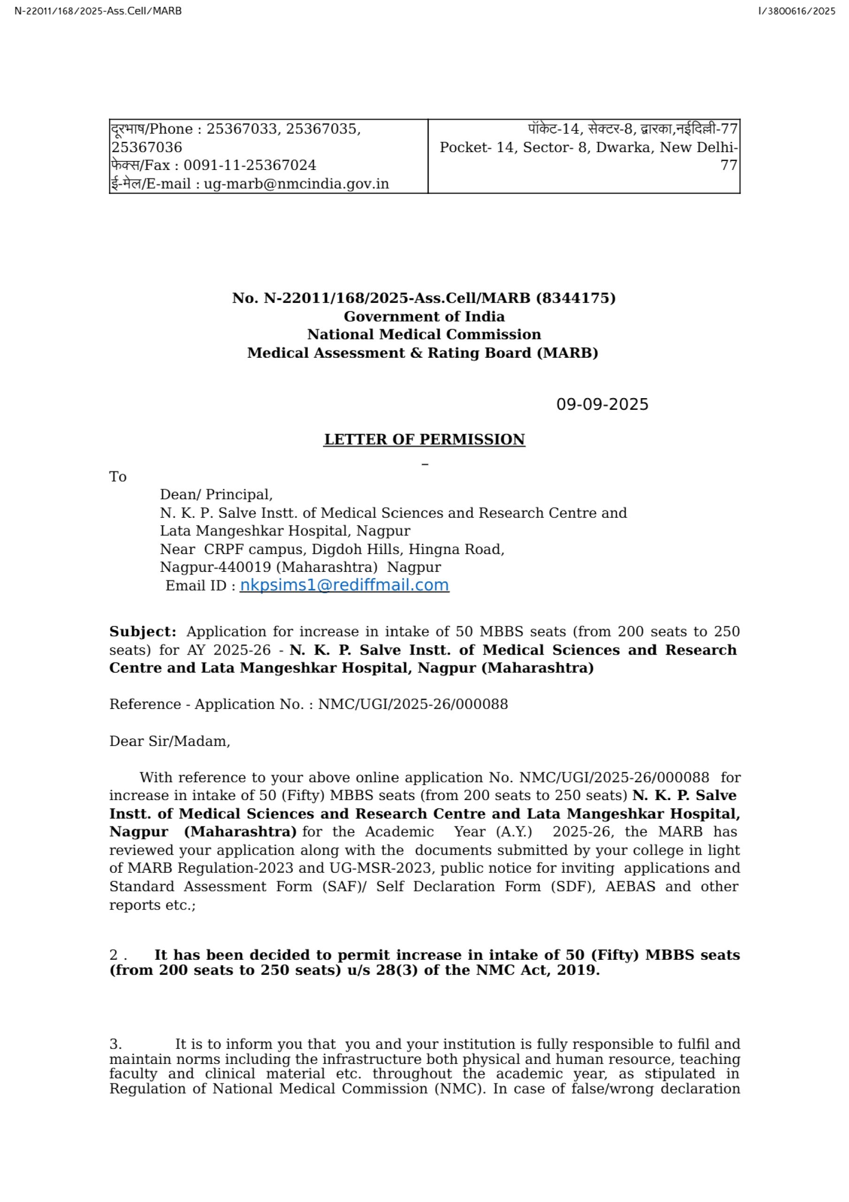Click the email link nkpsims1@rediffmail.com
[x=344, y=586]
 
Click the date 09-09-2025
[x=602, y=405]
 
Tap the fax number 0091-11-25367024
[x=250, y=165]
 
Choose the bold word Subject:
[x=142, y=632]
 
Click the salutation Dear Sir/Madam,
[x=169, y=741]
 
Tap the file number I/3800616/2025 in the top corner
[x=796, y=11]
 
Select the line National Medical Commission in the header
[x=424, y=334]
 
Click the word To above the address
[x=118, y=477]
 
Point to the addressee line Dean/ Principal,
[x=215, y=494]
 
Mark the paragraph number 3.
[x=115, y=1044]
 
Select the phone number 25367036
[x=146, y=147]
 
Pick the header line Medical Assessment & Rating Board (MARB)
[x=422, y=352]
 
